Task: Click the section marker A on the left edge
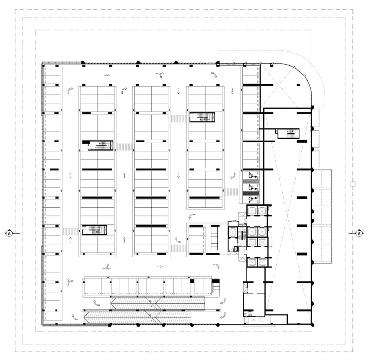click(9, 233)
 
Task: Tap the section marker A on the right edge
click(359, 233)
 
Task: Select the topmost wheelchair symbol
click(252, 176)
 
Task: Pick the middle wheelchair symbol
click(252, 187)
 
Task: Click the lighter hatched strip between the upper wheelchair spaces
click(251, 181)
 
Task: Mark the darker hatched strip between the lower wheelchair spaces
click(251, 193)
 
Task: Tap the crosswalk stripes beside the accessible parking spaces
click(232, 192)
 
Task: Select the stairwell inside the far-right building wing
click(288, 133)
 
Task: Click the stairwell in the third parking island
click(202, 117)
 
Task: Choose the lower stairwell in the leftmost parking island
click(95, 230)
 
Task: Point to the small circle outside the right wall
click(353, 184)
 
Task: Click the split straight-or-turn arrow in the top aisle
click(160, 75)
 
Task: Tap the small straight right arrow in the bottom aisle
click(160, 266)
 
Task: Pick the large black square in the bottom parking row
click(192, 281)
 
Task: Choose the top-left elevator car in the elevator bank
click(251, 210)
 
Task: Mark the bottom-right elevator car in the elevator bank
click(262, 262)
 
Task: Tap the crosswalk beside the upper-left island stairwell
click(124, 147)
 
